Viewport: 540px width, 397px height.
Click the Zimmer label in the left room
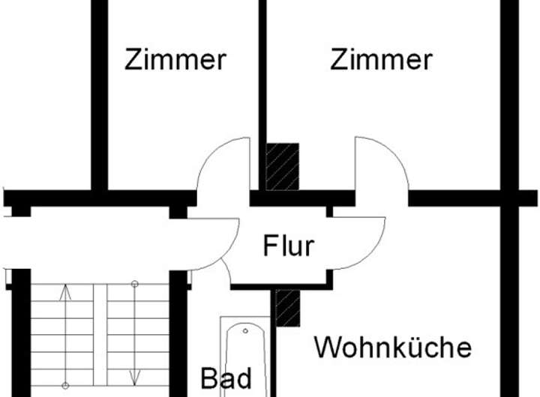175,60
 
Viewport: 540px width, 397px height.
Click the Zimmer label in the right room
381,60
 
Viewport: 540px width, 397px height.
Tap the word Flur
289,245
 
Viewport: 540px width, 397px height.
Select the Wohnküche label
393,347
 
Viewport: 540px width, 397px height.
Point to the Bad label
226,378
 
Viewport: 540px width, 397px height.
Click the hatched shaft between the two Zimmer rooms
283,166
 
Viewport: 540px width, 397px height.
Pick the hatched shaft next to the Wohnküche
288,308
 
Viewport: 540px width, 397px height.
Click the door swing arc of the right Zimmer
393,153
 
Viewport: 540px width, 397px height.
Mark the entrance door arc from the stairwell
223,255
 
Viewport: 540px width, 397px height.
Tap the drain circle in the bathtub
245,331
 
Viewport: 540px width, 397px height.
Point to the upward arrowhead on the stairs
65,292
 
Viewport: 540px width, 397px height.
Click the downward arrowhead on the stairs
135,378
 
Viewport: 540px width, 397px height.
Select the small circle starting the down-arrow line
135,284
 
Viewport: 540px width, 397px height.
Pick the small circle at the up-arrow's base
65,386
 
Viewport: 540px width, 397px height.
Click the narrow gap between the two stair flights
100,335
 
